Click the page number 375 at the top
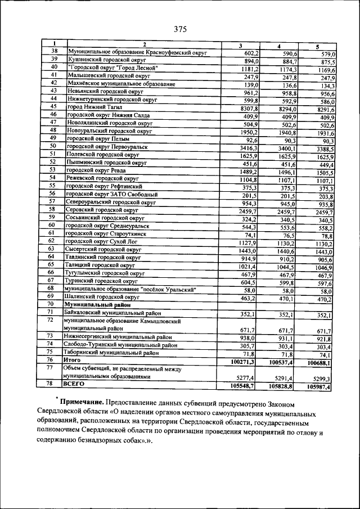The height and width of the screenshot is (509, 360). pos(180,29)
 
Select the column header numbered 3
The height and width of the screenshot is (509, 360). pos(240,46)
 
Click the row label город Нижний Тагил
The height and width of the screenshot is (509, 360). pos(94,107)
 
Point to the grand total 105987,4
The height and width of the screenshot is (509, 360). pos(319,388)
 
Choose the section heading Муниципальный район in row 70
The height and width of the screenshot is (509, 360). pos(97,304)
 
